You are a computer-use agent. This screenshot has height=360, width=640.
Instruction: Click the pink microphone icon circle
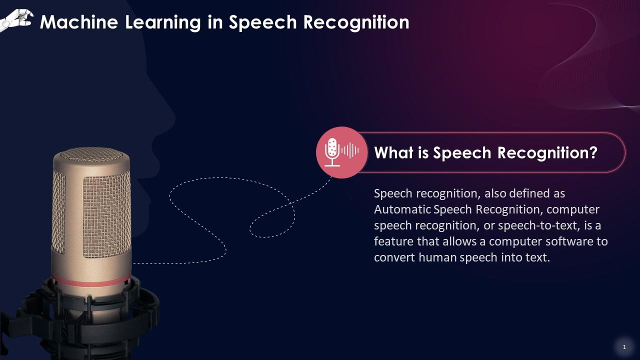coord(342,152)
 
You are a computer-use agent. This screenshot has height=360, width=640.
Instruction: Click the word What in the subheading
coord(394,152)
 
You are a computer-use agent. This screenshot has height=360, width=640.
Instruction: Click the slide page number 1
coord(624,347)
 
